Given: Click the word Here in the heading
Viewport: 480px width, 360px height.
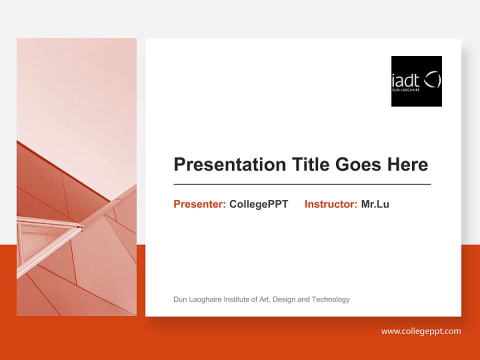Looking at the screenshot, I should pyautogui.click(x=407, y=164).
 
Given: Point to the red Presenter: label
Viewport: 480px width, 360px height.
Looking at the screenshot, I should pyautogui.click(x=199, y=204).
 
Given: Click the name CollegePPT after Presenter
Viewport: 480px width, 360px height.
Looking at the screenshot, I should pyautogui.click(x=258, y=204).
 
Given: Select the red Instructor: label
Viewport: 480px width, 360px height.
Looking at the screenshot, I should pyautogui.click(x=330, y=204).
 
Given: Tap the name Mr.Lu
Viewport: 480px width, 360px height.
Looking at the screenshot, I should pyautogui.click(x=375, y=204).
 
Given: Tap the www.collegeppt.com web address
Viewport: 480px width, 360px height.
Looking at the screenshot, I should pyautogui.click(x=420, y=331).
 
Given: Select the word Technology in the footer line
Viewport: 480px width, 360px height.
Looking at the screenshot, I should pyautogui.click(x=330, y=299).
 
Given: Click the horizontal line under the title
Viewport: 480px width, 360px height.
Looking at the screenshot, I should pyautogui.click(x=302, y=184).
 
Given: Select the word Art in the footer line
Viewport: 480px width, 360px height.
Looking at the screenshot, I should pyautogui.click(x=264, y=299).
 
